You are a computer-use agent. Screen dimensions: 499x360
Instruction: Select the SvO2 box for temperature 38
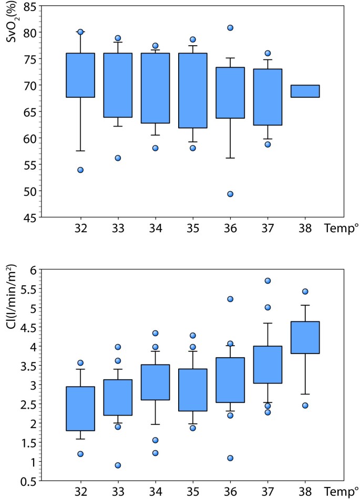click(x=305, y=91)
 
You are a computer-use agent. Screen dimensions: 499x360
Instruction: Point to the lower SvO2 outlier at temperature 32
click(x=80, y=170)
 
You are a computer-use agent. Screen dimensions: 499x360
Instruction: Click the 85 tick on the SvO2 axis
click(x=29, y=7)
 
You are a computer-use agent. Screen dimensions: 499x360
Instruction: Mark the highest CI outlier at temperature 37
click(x=268, y=280)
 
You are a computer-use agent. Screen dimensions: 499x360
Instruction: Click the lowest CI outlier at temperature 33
click(x=118, y=465)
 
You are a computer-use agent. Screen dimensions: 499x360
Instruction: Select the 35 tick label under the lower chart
click(x=192, y=492)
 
